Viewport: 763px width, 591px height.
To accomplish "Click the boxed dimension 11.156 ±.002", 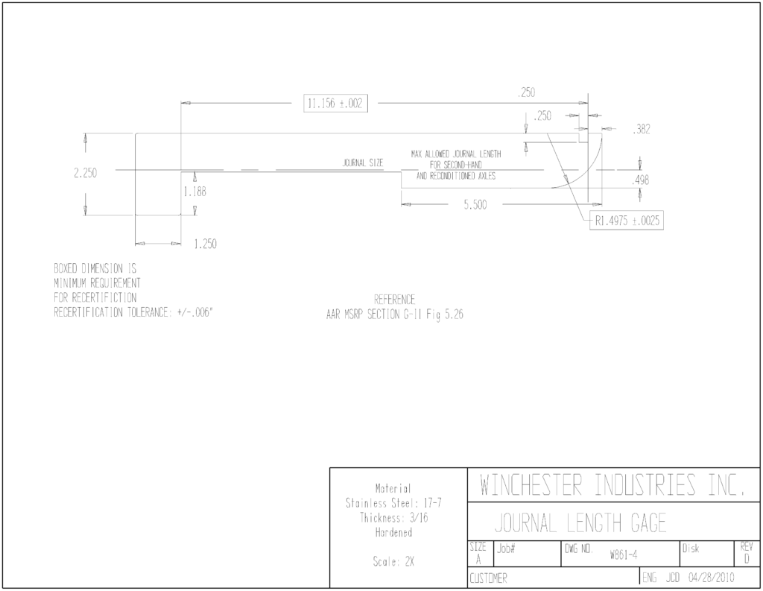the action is (335, 104).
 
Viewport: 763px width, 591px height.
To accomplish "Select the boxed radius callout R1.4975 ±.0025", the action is (627, 221).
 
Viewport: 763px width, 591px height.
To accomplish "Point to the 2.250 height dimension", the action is (85, 173).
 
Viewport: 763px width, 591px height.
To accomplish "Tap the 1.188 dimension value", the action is (194, 192).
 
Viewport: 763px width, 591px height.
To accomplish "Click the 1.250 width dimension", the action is (205, 244).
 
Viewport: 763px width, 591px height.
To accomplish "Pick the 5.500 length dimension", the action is (475, 205).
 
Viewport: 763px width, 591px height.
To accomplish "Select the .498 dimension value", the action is (640, 180).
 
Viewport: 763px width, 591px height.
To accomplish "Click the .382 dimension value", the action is (642, 130).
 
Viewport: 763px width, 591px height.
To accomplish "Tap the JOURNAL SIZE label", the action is (363, 163).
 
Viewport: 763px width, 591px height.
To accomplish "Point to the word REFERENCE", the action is (395, 300).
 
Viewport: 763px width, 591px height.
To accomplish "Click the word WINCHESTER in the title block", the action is (531, 485).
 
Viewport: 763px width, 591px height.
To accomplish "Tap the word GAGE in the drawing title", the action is (649, 523).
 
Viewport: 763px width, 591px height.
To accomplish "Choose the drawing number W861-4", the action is (624, 555).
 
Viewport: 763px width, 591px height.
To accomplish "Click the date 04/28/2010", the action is (711, 578).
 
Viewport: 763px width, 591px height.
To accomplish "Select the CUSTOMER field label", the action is (488, 578).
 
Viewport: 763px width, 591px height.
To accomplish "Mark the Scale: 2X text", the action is (393, 562).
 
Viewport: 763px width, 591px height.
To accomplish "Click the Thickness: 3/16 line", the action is (393, 518).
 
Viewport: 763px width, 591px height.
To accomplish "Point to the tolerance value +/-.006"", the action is (194, 312).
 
